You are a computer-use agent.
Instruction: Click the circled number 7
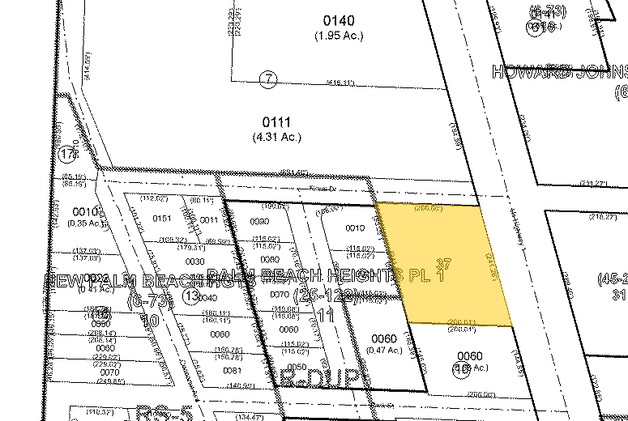coord(269,79)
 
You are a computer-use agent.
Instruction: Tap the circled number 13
coord(191,296)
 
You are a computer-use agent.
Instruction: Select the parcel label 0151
coord(163,219)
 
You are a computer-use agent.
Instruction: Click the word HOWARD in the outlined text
coord(531,72)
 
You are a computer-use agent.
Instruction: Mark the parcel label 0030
coord(194,262)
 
